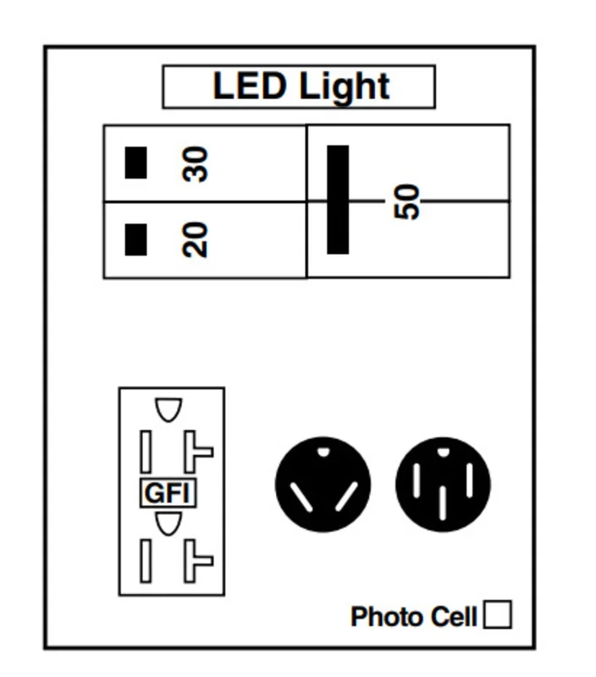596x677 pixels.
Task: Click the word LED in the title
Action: [x=250, y=85]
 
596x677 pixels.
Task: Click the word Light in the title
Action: [x=345, y=88]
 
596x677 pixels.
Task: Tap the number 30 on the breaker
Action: [x=196, y=164]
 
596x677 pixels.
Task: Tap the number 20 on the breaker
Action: [x=196, y=239]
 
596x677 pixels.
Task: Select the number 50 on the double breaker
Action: [x=407, y=201]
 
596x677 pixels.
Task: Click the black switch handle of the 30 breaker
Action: [x=135, y=162]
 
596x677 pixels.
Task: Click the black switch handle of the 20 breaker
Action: [x=135, y=239]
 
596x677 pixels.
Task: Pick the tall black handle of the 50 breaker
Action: [x=338, y=200]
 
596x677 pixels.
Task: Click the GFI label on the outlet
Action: [x=168, y=493]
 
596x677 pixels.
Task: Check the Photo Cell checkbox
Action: [x=498, y=614]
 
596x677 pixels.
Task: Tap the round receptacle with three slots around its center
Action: [x=443, y=484]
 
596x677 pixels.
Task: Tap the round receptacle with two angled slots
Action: [x=323, y=484]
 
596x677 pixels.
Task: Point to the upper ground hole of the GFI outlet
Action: [x=168, y=410]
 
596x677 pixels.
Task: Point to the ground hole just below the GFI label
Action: [x=168, y=524]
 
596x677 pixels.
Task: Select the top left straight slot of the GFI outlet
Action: [x=146, y=452]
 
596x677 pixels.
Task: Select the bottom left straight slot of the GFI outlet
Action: [x=146, y=561]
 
